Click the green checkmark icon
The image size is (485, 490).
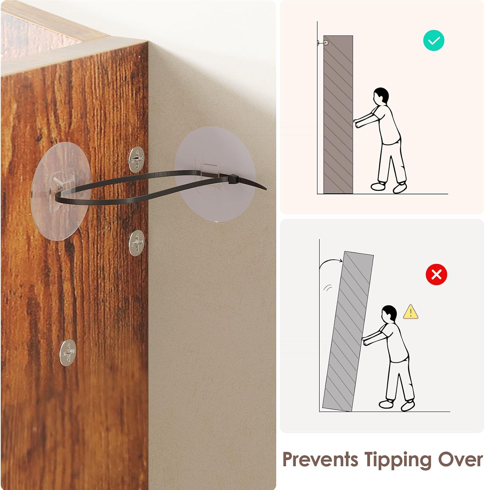[x=434, y=41]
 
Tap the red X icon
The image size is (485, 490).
[x=436, y=274]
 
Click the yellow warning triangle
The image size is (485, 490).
[x=410, y=312]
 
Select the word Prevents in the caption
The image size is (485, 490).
[x=320, y=460]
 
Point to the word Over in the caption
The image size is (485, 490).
[x=460, y=460]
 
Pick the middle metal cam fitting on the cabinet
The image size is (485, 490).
[x=136, y=243]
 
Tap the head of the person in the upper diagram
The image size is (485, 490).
[x=381, y=96]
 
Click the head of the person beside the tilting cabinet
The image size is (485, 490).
[x=389, y=314]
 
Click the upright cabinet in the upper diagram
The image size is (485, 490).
[x=338, y=114]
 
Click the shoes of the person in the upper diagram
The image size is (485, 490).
[x=389, y=187]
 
